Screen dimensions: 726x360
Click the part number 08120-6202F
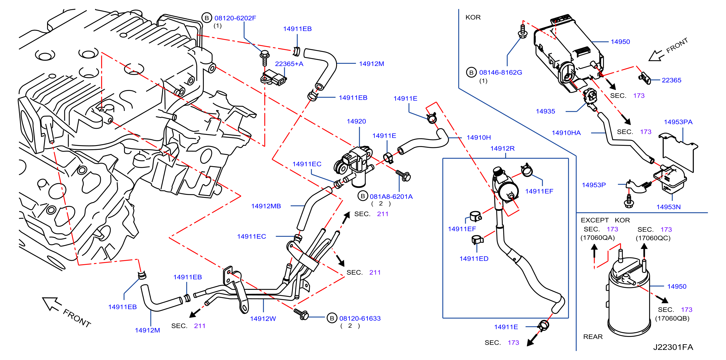235,18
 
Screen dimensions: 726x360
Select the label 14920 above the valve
356,121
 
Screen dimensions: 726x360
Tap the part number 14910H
478,138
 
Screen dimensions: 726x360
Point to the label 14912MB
266,206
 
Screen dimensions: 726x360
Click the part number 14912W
263,319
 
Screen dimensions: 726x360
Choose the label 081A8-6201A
391,197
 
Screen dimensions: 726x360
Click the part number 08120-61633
360,318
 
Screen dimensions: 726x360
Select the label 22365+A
289,64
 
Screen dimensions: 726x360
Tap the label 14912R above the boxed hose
502,148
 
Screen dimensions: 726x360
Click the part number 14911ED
474,259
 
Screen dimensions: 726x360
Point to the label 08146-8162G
501,72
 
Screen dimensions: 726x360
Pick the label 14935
545,111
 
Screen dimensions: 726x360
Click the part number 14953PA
678,122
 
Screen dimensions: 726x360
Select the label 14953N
668,207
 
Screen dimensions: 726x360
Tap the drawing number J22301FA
673,347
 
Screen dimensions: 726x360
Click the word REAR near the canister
593,337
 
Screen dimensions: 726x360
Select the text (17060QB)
672,318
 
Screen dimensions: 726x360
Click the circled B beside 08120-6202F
206,18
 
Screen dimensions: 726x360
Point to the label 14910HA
566,133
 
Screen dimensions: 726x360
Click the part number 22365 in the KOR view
671,80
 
